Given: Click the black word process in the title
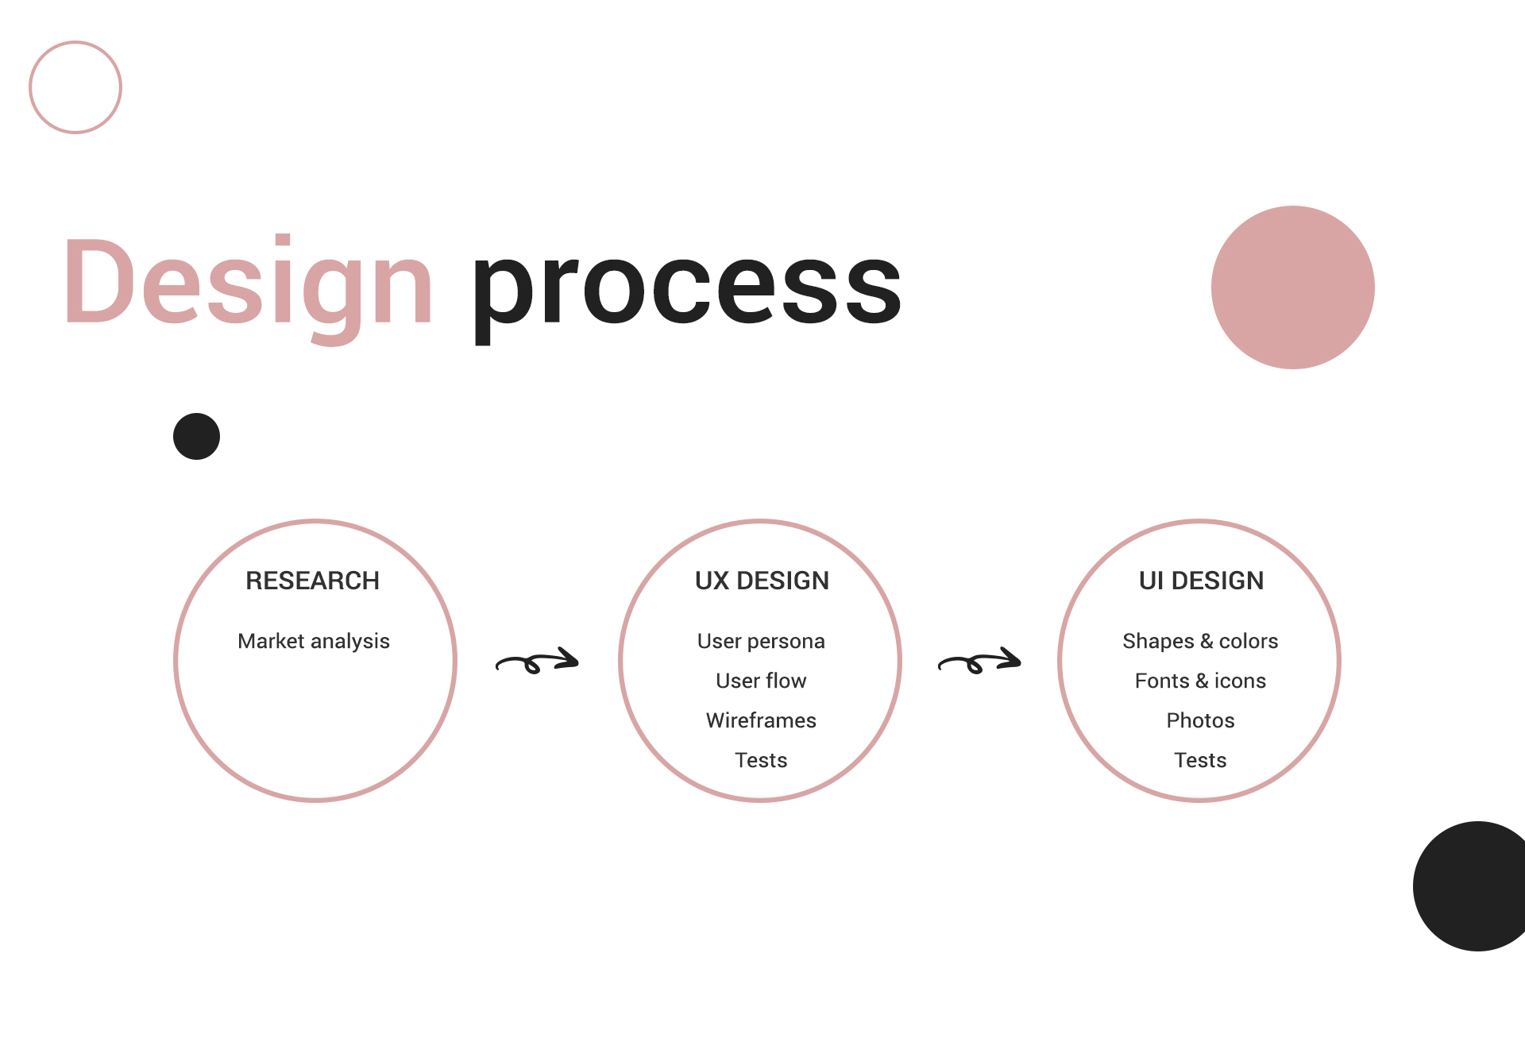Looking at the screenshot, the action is coord(687,291).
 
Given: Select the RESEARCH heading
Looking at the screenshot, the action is coord(313,581).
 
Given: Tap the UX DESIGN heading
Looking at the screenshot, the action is coord(762,581).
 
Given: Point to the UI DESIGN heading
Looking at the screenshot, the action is coord(1201,581).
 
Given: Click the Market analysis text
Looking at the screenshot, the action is coord(314,641).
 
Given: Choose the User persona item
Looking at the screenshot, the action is coord(761,641).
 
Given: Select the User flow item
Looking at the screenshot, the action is coord(761,681).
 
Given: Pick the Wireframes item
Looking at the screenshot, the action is coord(761,720).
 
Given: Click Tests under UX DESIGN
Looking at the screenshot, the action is coord(761,760).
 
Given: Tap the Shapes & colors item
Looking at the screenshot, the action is coord(1200,641).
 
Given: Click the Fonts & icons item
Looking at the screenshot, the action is coord(1200,681).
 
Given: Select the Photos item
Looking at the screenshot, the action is coord(1200,720).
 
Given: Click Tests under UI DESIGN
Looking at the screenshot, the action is coord(1200,760).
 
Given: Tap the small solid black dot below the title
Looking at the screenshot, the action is coord(196,436).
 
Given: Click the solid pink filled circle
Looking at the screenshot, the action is coord(1293,287).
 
